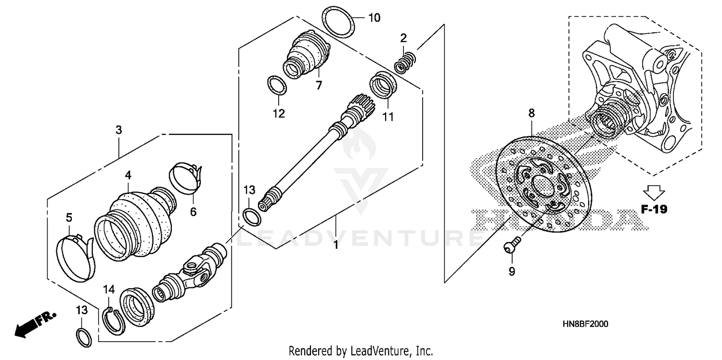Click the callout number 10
point(374,18)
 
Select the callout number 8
point(531,114)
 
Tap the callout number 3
point(118,130)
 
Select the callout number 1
point(335,245)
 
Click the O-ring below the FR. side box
point(83,337)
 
